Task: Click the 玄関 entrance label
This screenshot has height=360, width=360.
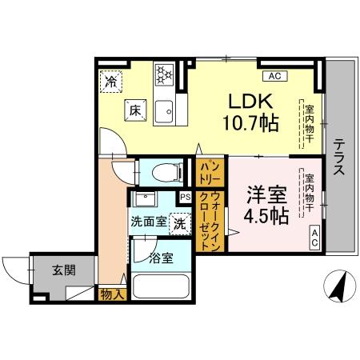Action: pyautogui.click(x=64, y=270)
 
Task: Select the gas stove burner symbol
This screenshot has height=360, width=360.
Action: pyautogui.click(x=164, y=74)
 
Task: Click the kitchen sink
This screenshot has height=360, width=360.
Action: pyautogui.click(x=166, y=110)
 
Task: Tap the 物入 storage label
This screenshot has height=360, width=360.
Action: pyautogui.click(x=112, y=294)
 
